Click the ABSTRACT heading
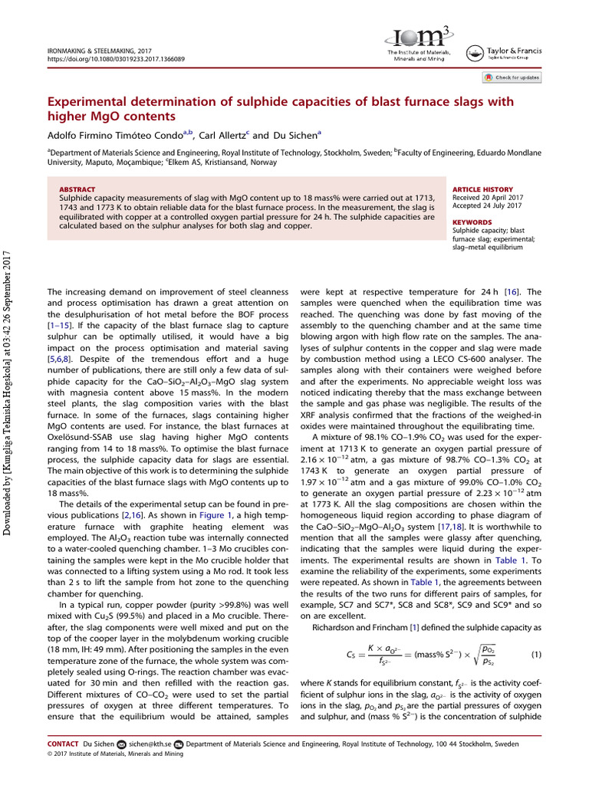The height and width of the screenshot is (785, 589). (x=77, y=189)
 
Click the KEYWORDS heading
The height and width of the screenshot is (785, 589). (x=470, y=222)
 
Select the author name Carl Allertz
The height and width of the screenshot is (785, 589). (x=224, y=136)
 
